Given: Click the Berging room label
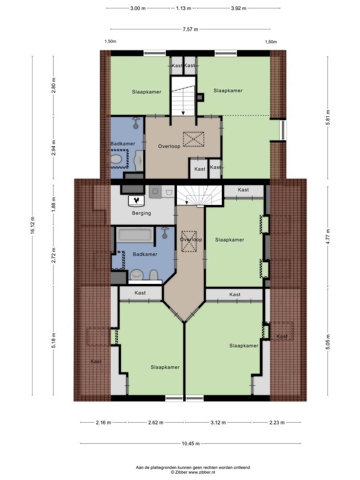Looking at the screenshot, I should [141, 213].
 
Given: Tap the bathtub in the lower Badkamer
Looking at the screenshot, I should [135, 235].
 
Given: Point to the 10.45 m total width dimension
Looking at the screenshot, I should [190, 444].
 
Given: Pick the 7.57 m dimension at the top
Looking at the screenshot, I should [190, 29].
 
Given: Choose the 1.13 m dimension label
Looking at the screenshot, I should [184, 8].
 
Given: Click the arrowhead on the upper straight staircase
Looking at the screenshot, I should [183, 112].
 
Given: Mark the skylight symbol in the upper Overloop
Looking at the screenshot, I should [194, 139].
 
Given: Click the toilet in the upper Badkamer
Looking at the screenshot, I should [117, 159].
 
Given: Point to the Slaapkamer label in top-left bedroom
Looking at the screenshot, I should [146, 92].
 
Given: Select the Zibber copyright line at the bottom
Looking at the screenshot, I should [192, 473].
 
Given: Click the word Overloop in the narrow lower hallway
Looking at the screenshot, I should [191, 240].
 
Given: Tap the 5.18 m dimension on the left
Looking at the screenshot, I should [54, 340].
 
